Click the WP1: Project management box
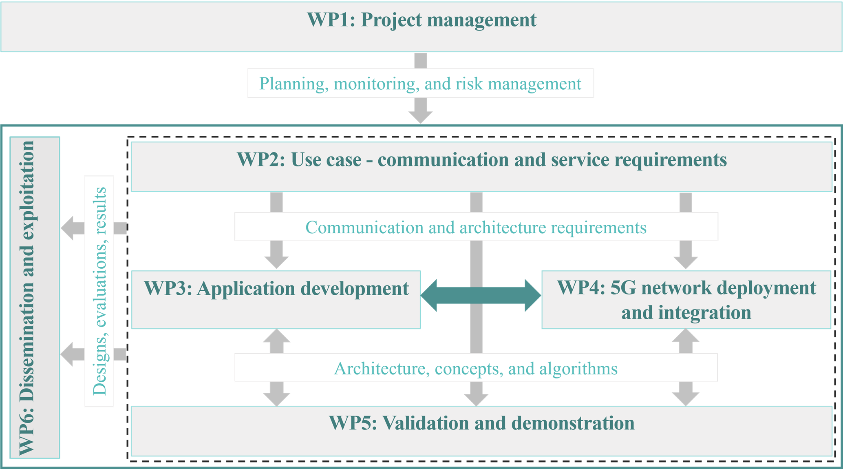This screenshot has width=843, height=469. point(421,27)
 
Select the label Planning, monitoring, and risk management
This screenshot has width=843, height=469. point(420,83)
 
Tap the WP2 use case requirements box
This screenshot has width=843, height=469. point(481,167)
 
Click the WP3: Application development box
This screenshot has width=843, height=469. point(276,300)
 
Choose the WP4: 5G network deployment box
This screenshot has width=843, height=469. point(686,300)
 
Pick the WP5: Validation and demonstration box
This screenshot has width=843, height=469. point(481,431)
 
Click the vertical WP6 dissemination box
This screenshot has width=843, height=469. point(35,298)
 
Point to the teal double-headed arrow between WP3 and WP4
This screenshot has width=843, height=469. point(481,296)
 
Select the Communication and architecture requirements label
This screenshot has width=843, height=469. point(476,227)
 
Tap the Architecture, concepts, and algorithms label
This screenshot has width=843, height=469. point(476,368)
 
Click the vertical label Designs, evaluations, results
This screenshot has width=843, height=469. point(99,291)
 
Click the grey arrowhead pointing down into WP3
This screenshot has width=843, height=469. point(276,262)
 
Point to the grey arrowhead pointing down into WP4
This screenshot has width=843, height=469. point(686,262)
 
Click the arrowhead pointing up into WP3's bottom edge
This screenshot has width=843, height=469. point(277,335)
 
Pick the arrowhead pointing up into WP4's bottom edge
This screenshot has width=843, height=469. point(686,335)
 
